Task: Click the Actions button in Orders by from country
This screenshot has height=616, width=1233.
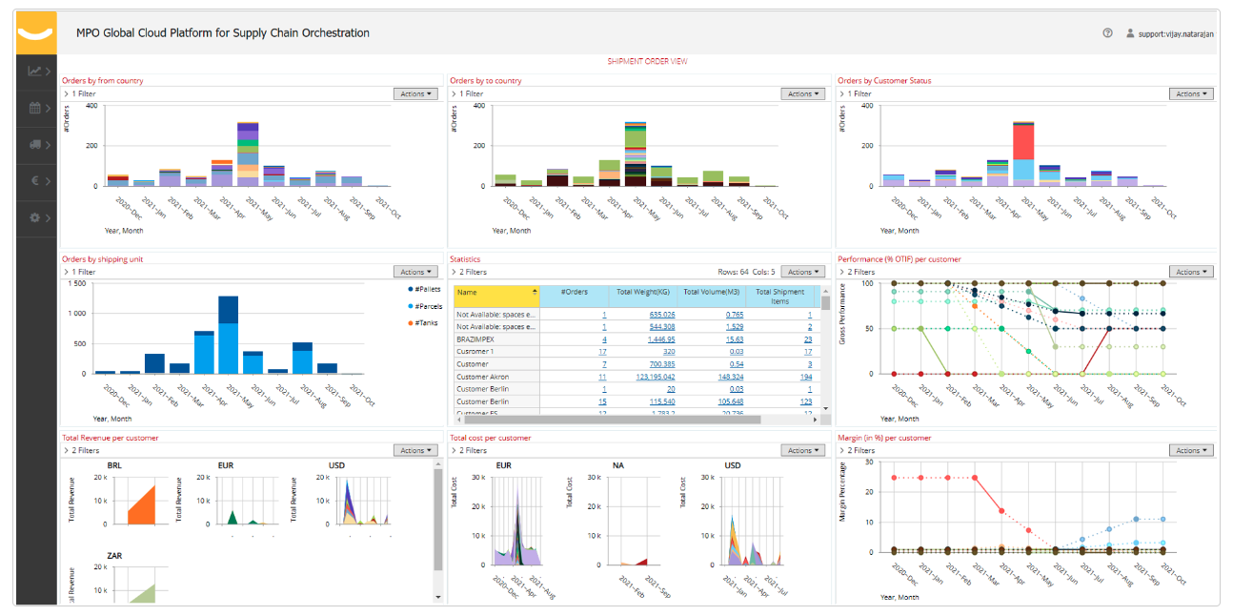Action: [x=414, y=93]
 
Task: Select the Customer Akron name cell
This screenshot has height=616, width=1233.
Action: [x=484, y=377]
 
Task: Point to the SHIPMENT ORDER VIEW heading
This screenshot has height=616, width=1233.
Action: [x=647, y=61]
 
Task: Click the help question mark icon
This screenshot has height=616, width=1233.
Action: [x=1107, y=32]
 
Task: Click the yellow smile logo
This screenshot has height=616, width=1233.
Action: [x=35, y=33]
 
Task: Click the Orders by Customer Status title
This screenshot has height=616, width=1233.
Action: [x=883, y=81]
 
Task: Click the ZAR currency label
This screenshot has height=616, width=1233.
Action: [x=113, y=556]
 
